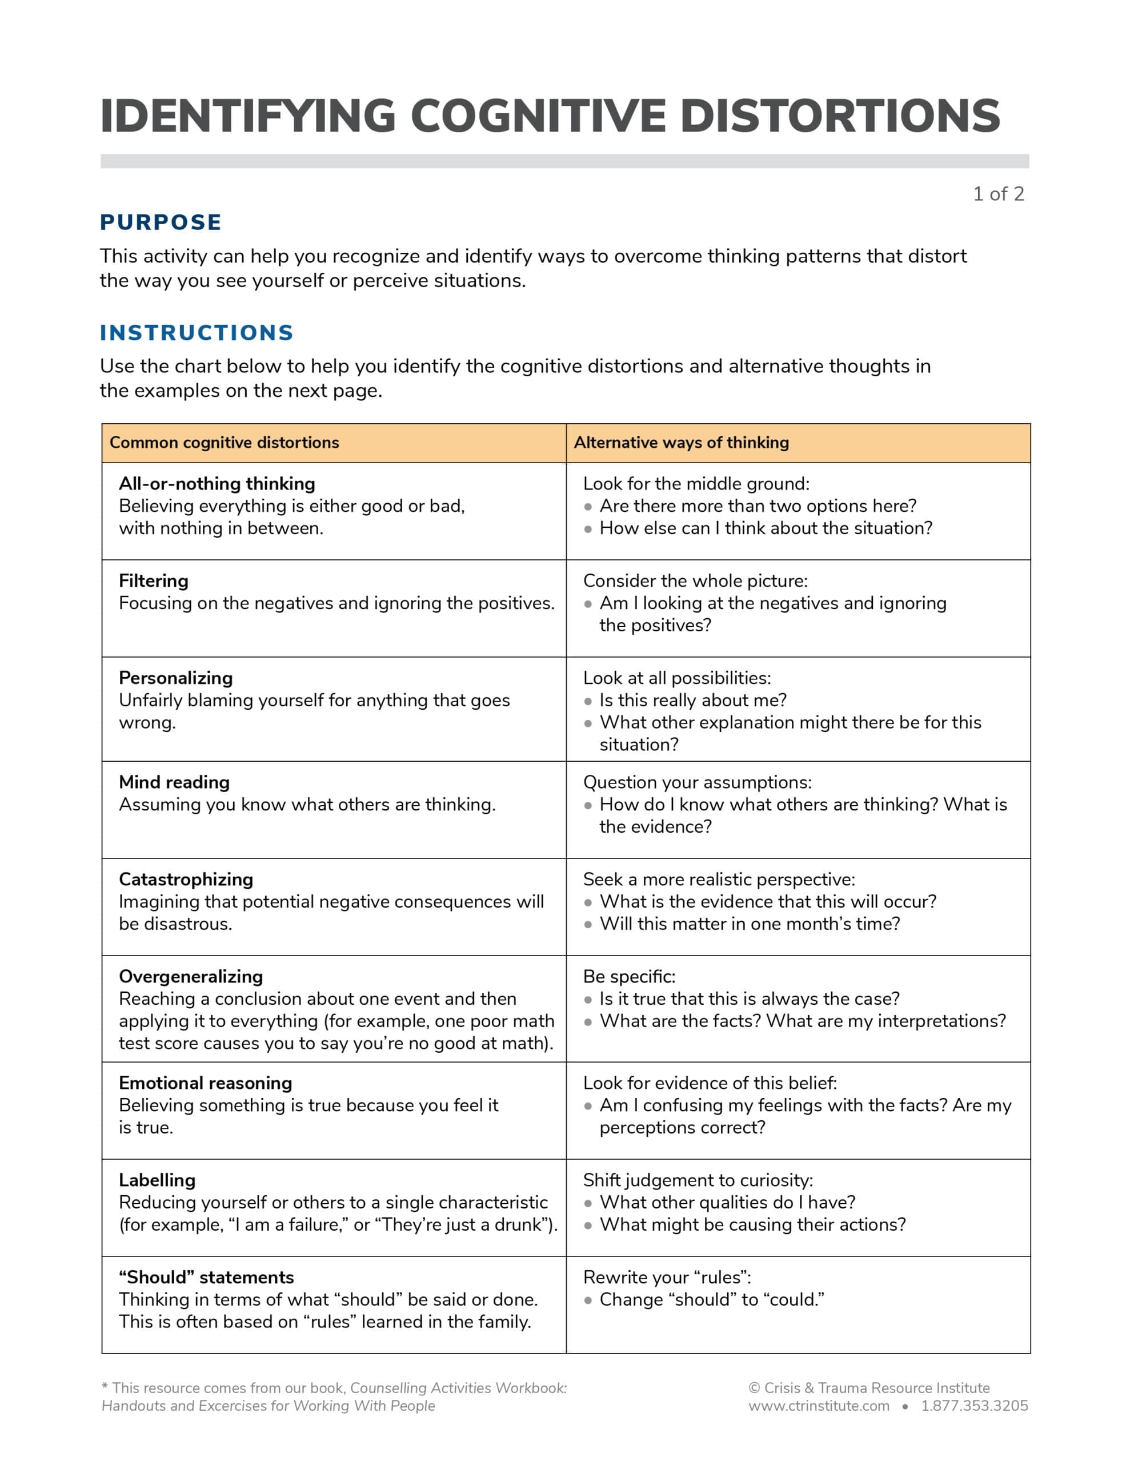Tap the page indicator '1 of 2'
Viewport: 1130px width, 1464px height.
[998, 194]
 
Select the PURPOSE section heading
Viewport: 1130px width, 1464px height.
[161, 222]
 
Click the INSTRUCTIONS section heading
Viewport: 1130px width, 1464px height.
[197, 332]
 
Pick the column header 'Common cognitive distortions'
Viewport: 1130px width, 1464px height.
[225, 443]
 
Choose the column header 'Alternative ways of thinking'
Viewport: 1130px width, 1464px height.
[681, 443]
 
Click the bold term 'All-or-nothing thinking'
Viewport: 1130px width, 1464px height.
[217, 483]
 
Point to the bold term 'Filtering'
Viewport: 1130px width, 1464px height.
[154, 580]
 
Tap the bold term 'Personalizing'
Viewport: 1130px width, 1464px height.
[175, 678]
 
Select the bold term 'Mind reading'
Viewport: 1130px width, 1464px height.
[174, 782]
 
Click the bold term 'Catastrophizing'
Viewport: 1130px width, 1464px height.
[186, 880]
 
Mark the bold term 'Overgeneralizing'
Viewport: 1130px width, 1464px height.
[191, 977]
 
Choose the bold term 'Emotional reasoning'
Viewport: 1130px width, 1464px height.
[205, 1083]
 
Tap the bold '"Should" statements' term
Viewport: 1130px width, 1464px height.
[206, 1278]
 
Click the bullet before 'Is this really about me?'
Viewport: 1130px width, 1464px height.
[588, 701]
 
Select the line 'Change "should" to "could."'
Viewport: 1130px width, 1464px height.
[711, 1300]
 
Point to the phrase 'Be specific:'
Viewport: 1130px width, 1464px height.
[629, 977]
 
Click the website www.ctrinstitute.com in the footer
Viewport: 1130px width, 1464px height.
[819, 1406]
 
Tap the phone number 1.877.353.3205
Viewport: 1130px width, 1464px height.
[974, 1406]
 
